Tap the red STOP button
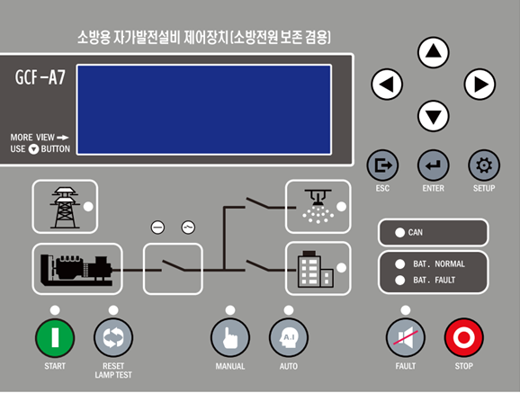(x=463, y=337)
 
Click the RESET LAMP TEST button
(x=113, y=337)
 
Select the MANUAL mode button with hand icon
(x=230, y=337)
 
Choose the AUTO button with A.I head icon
(x=289, y=337)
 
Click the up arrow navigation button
(x=434, y=52)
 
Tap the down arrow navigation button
(x=434, y=116)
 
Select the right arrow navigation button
(x=480, y=85)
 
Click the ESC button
(x=382, y=165)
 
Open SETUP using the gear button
(x=484, y=165)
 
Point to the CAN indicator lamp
(x=400, y=233)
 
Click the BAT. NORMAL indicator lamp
(x=400, y=264)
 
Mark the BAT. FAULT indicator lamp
(x=400, y=281)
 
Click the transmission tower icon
(x=65, y=208)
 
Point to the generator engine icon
(x=76, y=270)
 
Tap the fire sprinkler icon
(x=318, y=206)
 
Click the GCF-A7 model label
(x=40, y=77)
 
